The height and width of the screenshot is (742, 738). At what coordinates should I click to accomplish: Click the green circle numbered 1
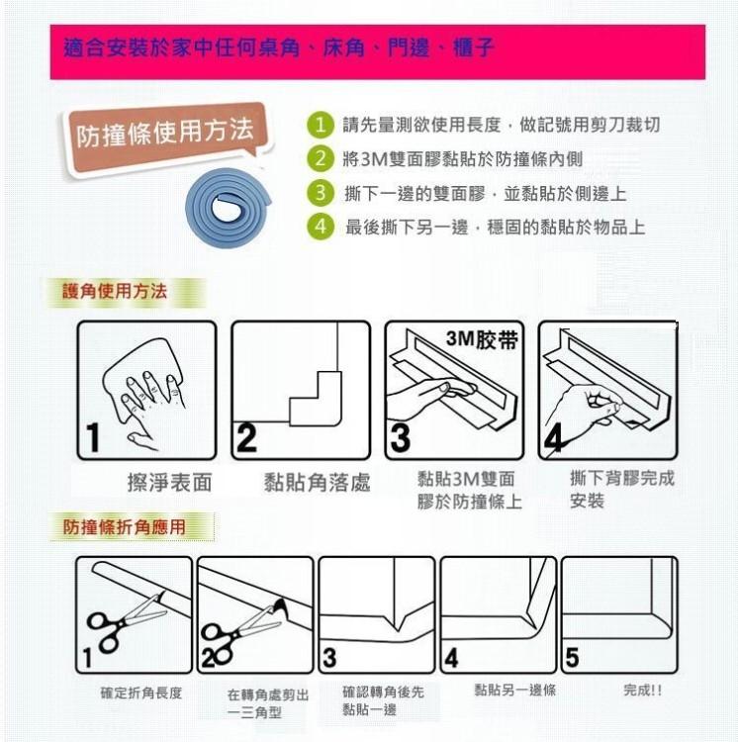pos(321,125)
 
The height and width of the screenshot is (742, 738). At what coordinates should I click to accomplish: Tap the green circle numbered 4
pos(321,227)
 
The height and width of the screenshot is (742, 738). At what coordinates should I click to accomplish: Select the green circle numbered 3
pos(321,193)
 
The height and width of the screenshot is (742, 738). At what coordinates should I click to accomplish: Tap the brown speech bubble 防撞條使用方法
pos(165,135)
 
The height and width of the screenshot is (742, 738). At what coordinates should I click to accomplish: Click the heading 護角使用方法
pos(115,291)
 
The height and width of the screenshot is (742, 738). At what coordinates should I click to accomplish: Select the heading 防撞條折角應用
pos(124,526)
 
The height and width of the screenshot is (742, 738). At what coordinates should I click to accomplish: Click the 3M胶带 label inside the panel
pos(482,339)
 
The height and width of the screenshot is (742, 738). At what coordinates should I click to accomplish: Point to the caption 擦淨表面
pos(170,482)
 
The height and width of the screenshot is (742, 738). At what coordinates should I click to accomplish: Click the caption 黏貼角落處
pos(317,482)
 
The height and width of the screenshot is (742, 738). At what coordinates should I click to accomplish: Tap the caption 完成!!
pos(642,691)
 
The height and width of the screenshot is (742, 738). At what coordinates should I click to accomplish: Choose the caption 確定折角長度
pos(141,693)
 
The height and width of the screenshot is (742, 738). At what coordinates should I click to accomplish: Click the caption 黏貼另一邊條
pos(515,690)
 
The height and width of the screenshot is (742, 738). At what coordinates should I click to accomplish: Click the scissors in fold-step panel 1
pos(127,621)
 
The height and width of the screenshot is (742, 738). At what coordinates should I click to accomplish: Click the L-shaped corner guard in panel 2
pos(316,399)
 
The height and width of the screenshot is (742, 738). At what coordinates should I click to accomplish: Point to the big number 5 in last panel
pos(572,658)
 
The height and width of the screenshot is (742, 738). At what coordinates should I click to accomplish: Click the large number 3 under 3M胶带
pos(401,438)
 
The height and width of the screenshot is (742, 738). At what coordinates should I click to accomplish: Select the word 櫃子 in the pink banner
pos(474,47)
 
